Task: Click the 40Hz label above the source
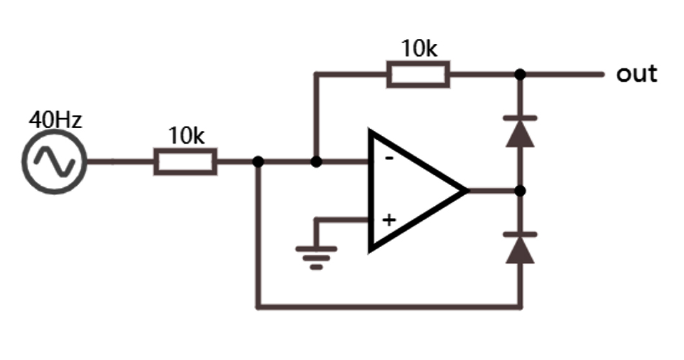click(x=55, y=120)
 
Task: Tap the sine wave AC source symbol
click(x=55, y=161)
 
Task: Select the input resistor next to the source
click(x=185, y=161)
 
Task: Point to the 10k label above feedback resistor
click(x=419, y=48)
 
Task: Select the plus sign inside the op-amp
click(x=389, y=220)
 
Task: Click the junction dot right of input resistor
click(x=258, y=161)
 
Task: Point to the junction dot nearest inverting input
click(x=315, y=161)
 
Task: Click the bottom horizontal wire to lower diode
click(x=389, y=307)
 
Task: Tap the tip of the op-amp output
click(x=465, y=191)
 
